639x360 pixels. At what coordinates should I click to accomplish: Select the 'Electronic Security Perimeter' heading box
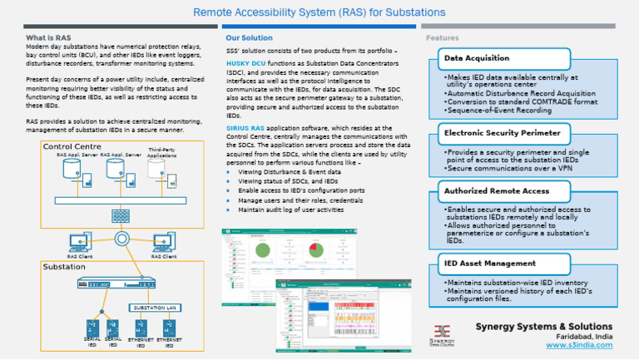(503, 132)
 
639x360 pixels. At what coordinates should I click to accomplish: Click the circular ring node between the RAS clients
(121, 239)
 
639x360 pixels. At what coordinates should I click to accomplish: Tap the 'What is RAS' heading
(47, 38)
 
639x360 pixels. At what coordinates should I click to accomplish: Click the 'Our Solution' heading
(249, 38)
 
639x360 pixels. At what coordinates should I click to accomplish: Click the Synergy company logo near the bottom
(443, 333)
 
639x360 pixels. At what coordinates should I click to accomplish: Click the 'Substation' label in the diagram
(64, 267)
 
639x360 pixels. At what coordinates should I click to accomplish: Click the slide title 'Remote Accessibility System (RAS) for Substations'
(319, 13)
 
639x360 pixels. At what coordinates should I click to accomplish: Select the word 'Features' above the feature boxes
(442, 38)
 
